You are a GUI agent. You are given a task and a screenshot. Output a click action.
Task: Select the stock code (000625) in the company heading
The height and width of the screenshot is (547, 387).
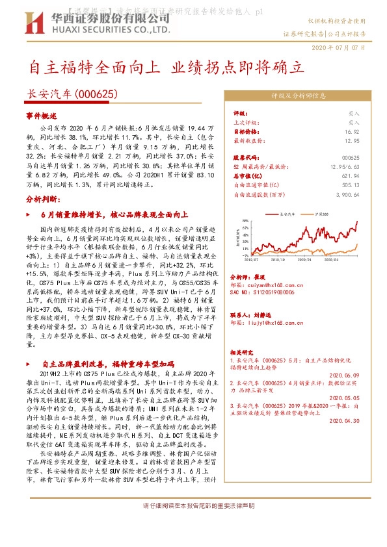pyautogui.click(x=97, y=94)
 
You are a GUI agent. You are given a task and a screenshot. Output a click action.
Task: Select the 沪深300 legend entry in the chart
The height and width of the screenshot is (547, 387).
pyautogui.click(x=321, y=212)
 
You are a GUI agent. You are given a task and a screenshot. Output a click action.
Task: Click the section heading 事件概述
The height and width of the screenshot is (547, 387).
pyautogui.click(x=42, y=114)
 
